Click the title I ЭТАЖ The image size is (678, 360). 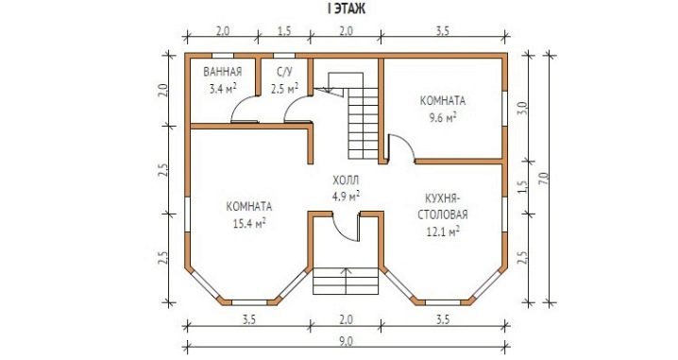pyautogui.click(x=347, y=9)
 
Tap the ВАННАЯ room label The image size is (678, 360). pyautogui.click(x=222, y=72)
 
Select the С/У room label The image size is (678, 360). pyautogui.click(x=284, y=72)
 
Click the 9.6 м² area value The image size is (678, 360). pyautogui.click(x=443, y=118)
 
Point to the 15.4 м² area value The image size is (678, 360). pyautogui.click(x=248, y=223)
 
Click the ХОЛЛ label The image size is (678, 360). pyautogui.click(x=346, y=180)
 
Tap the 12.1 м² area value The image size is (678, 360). pyautogui.click(x=443, y=231)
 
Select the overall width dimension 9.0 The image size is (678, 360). pyautogui.click(x=346, y=341)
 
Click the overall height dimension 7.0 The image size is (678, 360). pyautogui.click(x=544, y=179)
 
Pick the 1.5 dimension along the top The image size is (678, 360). pyautogui.click(x=284, y=31)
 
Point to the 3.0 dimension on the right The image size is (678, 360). pyautogui.click(x=522, y=108)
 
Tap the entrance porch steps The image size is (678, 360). pyautogui.click(x=346, y=281)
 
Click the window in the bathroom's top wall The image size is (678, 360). pyautogui.click(x=222, y=56)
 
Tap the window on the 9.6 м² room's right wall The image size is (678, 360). pyautogui.click(x=504, y=108)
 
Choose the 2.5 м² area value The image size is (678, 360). pyautogui.click(x=284, y=89)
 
